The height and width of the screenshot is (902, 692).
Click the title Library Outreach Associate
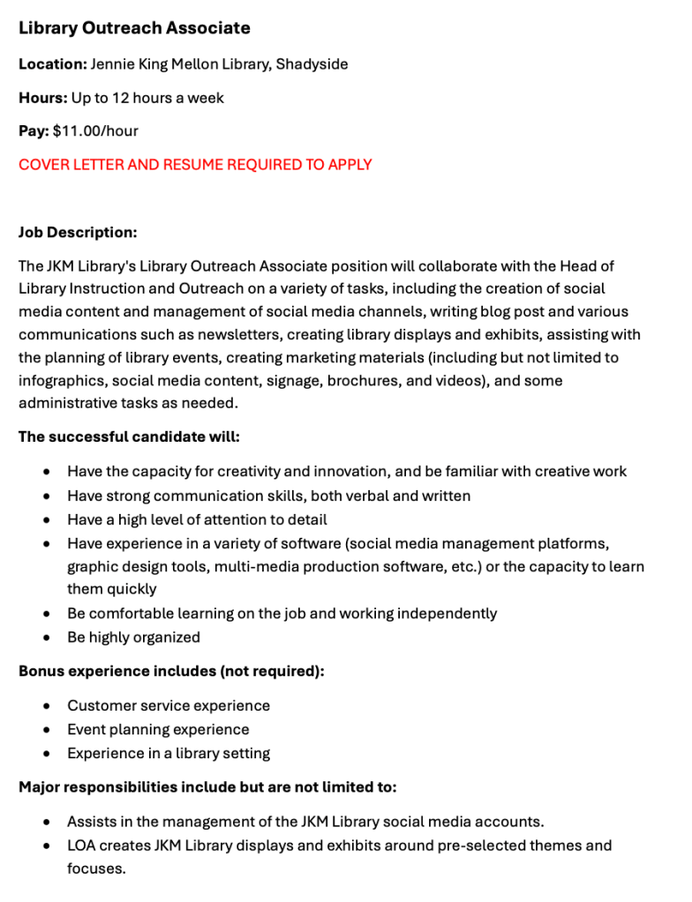pyautogui.click(x=134, y=28)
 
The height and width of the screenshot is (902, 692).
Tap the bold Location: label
pyautogui.click(x=52, y=64)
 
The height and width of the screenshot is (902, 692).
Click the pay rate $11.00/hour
pyautogui.click(x=95, y=131)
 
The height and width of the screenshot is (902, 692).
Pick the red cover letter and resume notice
pyautogui.click(x=195, y=165)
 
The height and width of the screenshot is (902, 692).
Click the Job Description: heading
pyautogui.click(x=78, y=233)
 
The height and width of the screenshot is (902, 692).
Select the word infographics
pyautogui.click(x=60, y=381)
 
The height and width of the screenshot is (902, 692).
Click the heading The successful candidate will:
pyautogui.click(x=129, y=437)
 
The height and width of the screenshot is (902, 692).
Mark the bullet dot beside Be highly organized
pyautogui.click(x=46, y=637)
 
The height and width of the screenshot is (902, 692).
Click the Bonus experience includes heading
pyautogui.click(x=171, y=672)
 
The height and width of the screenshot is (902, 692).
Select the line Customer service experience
pyautogui.click(x=169, y=706)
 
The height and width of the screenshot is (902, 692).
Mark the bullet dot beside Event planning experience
pyautogui.click(x=46, y=730)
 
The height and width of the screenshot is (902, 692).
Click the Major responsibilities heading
pyautogui.click(x=207, y=787)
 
